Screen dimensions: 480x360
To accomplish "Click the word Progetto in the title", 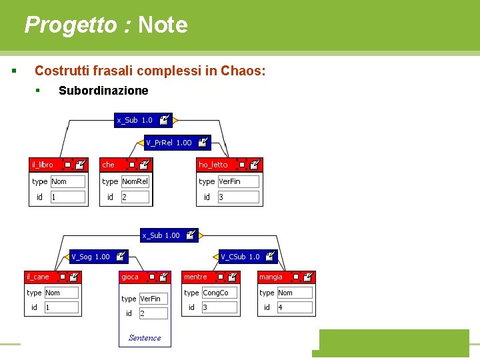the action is [70, 25].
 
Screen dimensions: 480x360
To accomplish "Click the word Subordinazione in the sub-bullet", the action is [103, 91].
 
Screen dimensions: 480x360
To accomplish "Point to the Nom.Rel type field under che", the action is [135, 181].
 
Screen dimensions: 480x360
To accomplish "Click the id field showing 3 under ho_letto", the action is [238, 197].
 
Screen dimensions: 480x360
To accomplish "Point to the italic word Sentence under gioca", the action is [145, 338].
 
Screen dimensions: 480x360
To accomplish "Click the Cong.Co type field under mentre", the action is [219, 293].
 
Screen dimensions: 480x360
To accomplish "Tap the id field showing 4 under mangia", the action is [294, 307].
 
